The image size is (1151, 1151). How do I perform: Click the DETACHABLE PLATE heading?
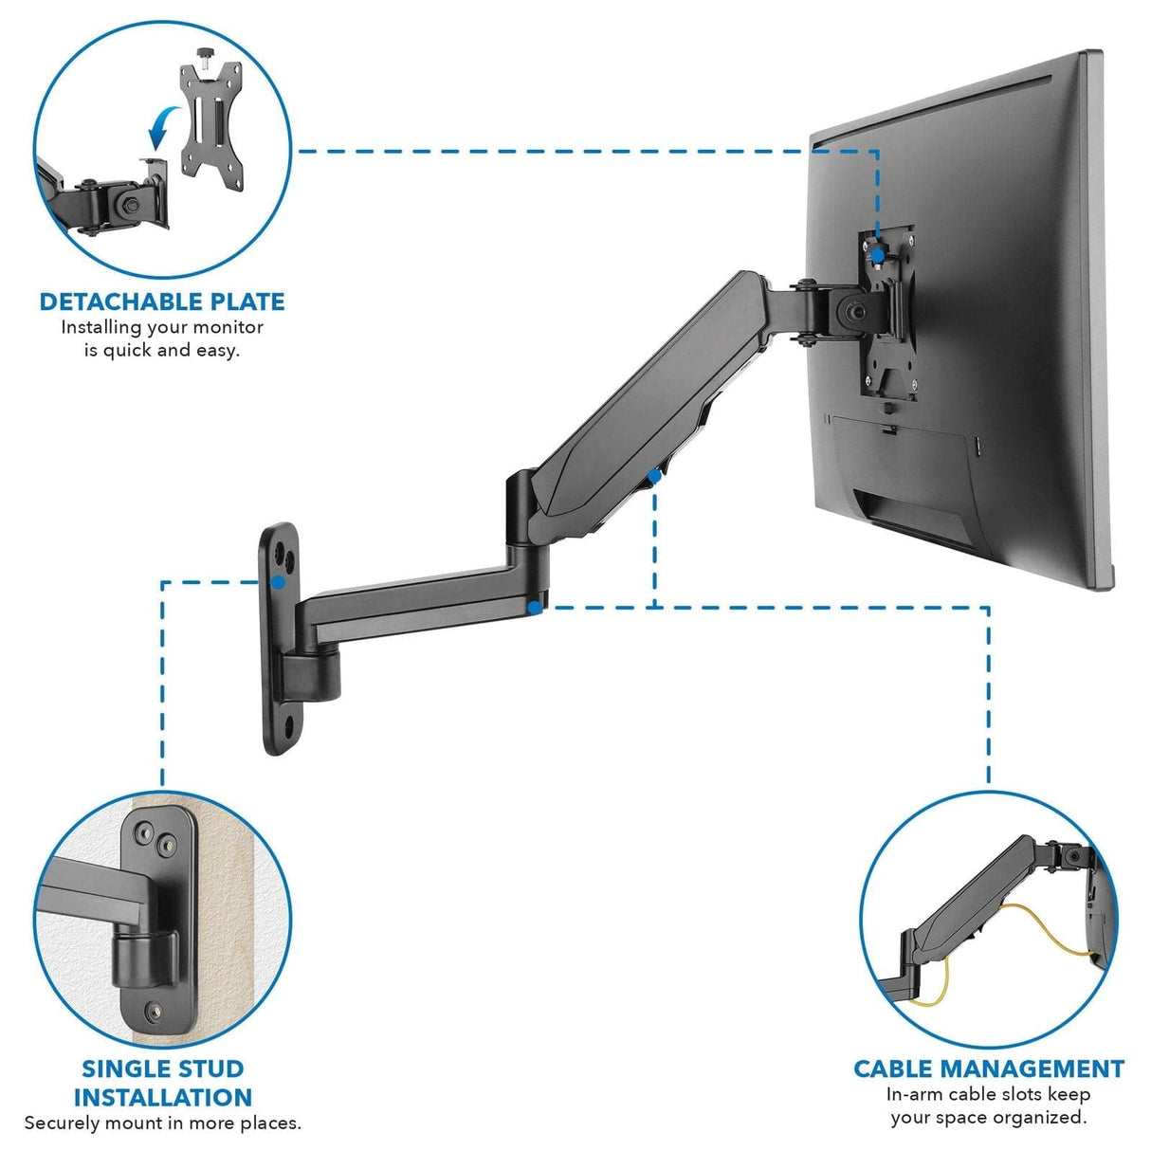[x=162, y=301]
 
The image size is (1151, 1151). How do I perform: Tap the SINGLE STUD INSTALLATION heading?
[x=162, y=1083]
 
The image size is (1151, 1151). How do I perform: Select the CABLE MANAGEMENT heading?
[x=988, y=1069]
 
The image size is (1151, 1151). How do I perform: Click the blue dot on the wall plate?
[x=276, y=582]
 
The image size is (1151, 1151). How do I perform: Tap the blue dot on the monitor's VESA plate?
[x=879, y=255]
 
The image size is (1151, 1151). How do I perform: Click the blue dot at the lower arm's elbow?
[x=537, y=608]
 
